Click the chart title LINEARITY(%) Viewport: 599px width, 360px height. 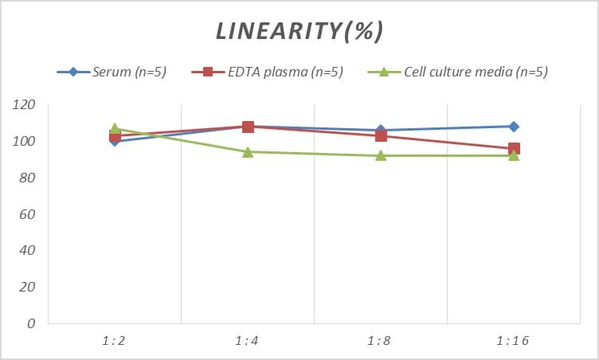299,31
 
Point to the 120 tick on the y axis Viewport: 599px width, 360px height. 25,105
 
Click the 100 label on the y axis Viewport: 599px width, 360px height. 25,142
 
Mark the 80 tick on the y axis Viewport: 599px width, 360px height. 28,178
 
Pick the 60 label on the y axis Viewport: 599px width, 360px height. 28,214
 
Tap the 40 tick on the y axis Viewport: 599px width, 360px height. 28,251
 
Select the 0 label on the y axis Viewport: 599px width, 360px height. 31,324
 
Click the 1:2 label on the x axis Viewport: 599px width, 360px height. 114,341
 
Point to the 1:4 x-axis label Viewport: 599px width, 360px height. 247,341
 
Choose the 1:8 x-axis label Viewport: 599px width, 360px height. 380,341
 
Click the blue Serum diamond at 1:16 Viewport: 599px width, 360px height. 514,127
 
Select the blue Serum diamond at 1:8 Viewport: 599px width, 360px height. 381,130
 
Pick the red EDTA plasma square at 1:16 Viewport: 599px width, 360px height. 514,149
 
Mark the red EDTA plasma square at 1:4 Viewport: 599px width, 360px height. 248,127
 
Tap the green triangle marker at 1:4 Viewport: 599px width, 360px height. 248,151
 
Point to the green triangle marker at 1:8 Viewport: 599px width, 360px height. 381,155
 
